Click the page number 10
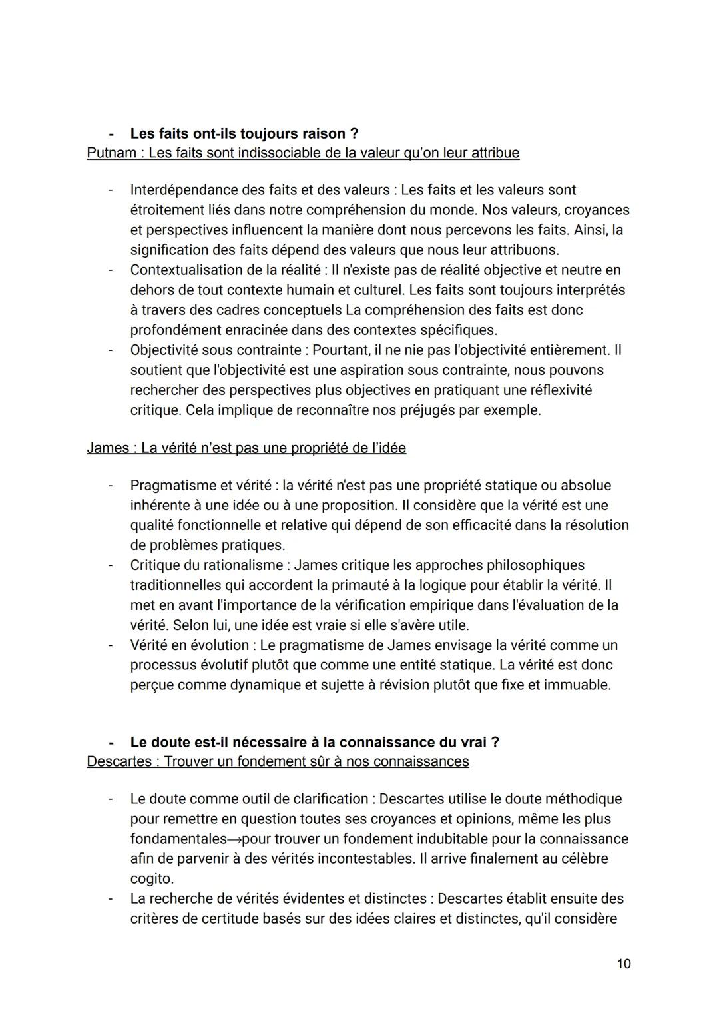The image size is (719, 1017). [623, 964]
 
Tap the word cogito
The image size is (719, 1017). [152, 878]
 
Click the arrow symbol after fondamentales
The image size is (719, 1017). [235, 839]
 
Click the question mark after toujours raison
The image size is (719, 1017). [354, 134]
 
